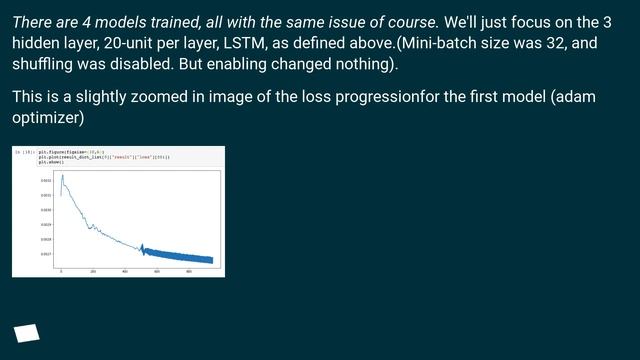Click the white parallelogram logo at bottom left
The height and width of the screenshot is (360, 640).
pyautogui.click(x=27, y=332)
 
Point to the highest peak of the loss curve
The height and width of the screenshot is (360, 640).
pyautogui.click(x=62, y=176)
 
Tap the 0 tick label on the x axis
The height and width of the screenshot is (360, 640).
pyautogui.click(x=61, y=271)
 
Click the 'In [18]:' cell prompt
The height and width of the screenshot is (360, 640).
pyautogui.click(x=24, y=152)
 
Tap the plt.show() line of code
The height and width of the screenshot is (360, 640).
pyautogui.click(x=51, y=162)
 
